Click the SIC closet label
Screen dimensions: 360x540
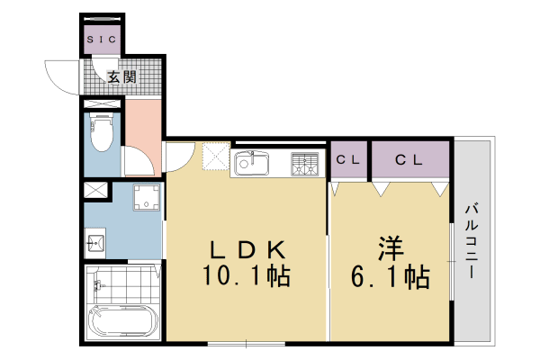[x=101, y=40]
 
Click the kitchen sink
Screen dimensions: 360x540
[x=251, y=164]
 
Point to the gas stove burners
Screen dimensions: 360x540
[x=305, y=164]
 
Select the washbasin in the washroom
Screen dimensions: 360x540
[x=96, y=240]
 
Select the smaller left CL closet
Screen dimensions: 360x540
[x=349, y=160]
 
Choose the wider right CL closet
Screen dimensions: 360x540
[x=409, y=160]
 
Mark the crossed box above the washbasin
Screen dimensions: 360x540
[x=95, y=191]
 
